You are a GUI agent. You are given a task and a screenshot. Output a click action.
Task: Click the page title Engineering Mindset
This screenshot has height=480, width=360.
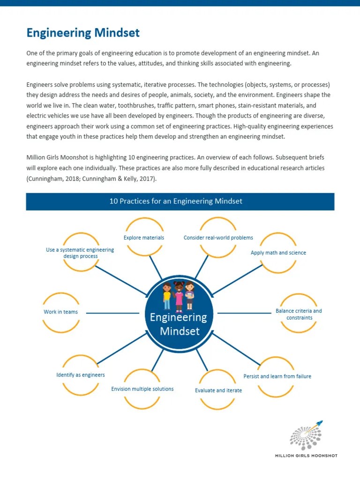[83, 33]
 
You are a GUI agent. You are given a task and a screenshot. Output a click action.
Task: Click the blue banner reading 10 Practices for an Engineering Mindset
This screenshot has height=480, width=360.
[180, 202]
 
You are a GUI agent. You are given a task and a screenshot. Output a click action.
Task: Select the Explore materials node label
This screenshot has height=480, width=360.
[144, 238]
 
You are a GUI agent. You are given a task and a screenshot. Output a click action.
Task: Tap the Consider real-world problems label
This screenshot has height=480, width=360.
[218, 238]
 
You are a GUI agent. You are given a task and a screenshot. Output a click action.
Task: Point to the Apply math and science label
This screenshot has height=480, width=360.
[278, 253]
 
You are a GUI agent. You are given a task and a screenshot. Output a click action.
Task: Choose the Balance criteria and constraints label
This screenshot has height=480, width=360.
[299, 314]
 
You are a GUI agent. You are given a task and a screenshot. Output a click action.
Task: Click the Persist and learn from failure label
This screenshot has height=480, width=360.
[277, 376]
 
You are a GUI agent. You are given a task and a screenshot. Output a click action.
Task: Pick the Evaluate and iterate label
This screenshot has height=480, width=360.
[218, 390]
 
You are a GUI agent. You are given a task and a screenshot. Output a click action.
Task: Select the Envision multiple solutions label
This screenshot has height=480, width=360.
[142, 389]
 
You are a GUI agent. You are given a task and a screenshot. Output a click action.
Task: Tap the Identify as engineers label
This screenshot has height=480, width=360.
[81, 375]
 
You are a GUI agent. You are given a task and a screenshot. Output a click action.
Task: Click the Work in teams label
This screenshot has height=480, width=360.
[61, 312]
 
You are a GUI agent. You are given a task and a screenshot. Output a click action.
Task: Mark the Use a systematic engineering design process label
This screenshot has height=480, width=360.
[80, 253]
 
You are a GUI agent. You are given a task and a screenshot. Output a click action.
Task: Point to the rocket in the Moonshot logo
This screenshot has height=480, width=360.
[319, 424]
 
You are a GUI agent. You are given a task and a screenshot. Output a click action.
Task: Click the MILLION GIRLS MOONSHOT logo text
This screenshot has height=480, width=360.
[306, 455]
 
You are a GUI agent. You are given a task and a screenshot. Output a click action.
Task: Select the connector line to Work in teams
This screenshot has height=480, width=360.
[112, 313]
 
